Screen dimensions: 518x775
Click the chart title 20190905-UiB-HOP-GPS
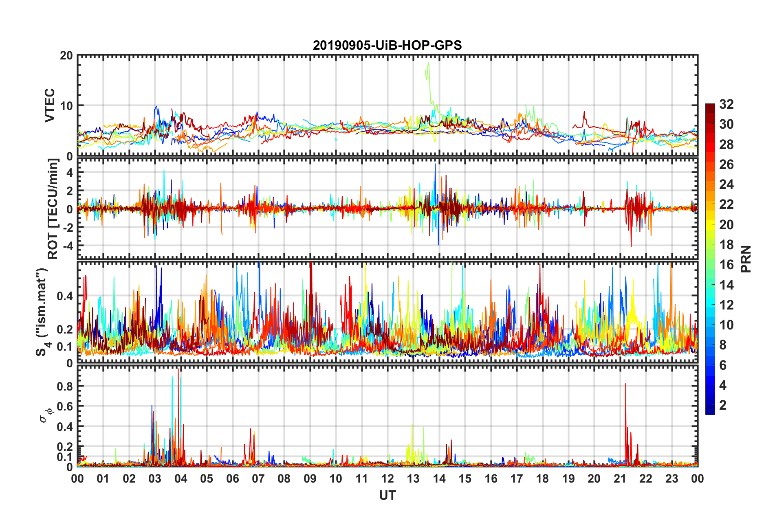[x=387, y=45]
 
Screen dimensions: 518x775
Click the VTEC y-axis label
[x=50, y=105]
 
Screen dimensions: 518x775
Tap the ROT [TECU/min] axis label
[x=53, y=209]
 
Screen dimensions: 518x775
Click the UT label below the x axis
[x=387, y=495]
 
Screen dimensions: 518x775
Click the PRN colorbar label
[x=746, y=259]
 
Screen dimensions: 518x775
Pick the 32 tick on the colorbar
[x=726, y=105]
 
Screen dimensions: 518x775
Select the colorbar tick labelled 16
[x=726, y=265]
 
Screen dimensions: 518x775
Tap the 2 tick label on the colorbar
[x=723, y=405]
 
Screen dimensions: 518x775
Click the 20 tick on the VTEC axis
[x=66, y=56]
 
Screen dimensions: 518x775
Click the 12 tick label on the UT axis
[x=387, y=479]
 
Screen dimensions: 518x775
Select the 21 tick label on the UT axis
[x=620, y=479]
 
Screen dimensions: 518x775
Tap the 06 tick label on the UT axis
[x=232, y=479]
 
